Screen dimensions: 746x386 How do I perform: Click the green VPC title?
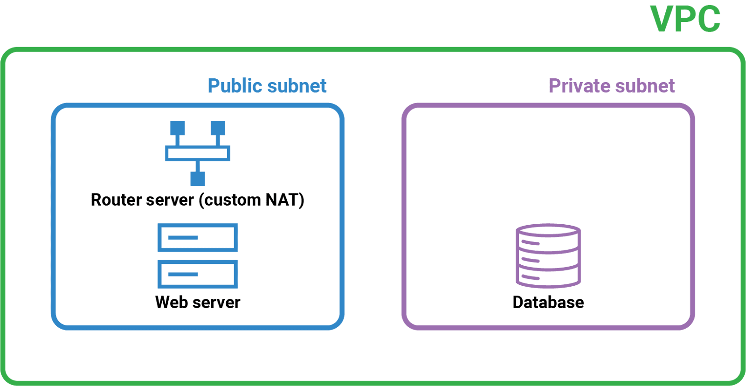click(685, 19)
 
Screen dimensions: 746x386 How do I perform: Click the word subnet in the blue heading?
click(297, 86)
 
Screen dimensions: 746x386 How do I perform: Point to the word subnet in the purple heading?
click(645, 86)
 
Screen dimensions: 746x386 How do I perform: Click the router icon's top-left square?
click(178, 128)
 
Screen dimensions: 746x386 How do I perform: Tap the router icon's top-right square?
click(218, 128)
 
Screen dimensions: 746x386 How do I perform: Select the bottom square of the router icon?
click(198, 179)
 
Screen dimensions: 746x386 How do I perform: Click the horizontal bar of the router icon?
click(198, 153)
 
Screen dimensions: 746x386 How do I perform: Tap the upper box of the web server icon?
click(198, 237)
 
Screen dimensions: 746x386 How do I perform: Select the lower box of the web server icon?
click(198, 274)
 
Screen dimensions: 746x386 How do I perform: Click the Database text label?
click(548, 303)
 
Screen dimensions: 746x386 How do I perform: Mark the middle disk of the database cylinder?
click(548, 260)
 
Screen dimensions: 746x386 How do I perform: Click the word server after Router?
click(170, 200)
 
